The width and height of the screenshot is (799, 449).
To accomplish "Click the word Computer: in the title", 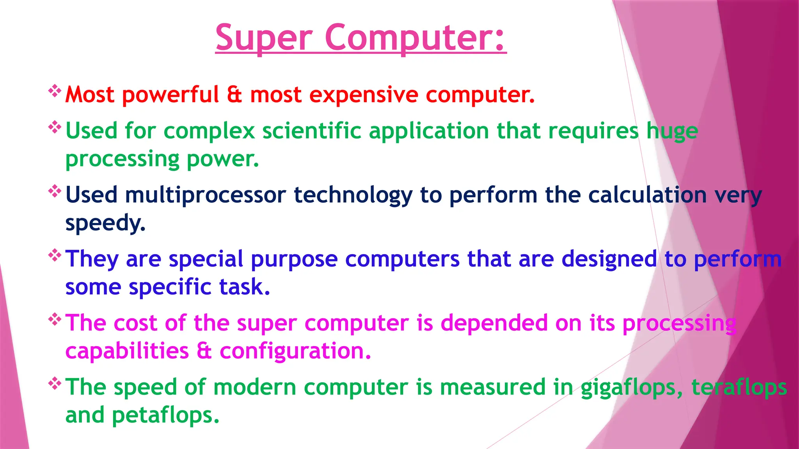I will [x=415, y=38].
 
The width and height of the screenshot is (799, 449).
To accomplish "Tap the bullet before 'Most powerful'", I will [x=55, y=91].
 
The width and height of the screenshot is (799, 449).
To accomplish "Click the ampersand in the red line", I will [x=234, y=95].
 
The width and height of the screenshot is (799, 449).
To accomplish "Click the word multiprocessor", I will [x=206, y=195].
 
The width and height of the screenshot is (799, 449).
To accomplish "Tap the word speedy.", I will [x=105, y=223].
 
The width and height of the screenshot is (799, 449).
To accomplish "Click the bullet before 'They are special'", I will [x=55, y=256].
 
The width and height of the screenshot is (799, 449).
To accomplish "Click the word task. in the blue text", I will [x=245, y=287].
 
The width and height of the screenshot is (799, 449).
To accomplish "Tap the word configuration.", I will [x=295, y=351].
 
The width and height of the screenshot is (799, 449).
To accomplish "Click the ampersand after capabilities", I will [x=204, y=351].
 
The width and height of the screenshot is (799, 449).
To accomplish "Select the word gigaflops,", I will [x=632, y=388].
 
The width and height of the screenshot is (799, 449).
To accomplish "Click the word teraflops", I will [x=739, y=388].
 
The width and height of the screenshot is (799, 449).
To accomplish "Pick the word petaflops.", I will [x=165, y=416].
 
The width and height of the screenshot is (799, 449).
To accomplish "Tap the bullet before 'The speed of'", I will [x=55, y=384].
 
